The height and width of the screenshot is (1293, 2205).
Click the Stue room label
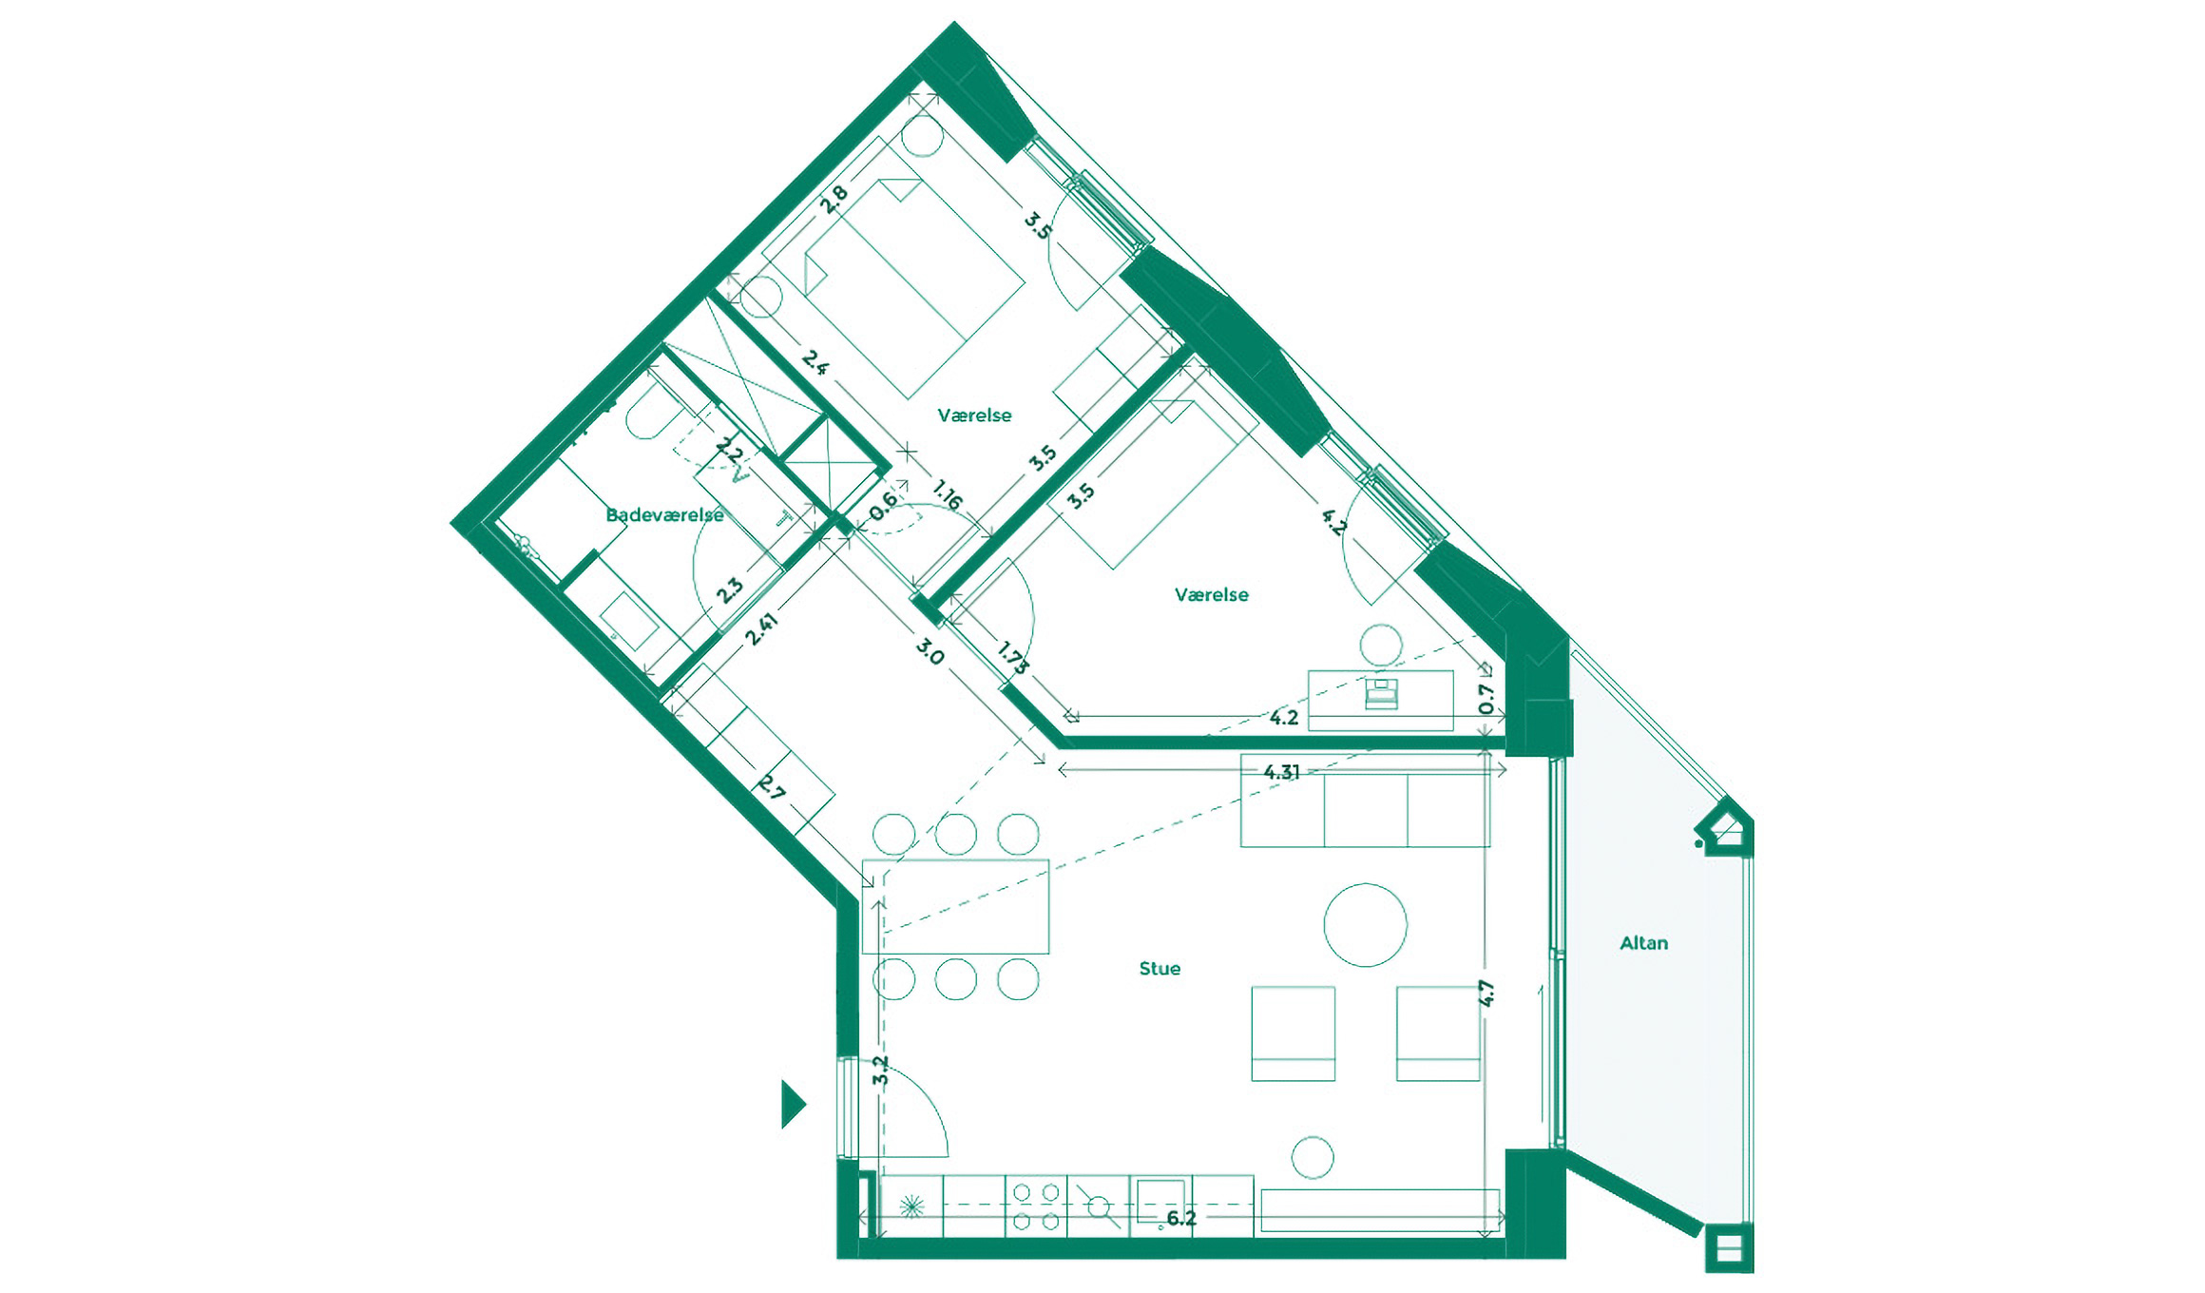1160,969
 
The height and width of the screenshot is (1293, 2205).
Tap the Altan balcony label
1643,943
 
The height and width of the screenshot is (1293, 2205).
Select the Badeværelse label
664,515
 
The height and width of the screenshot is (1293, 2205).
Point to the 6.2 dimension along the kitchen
1180,1218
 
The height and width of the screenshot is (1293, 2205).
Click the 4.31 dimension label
1281,772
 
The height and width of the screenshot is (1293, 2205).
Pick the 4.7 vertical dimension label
1486,994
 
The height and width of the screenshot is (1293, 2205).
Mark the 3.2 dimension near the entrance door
881,1071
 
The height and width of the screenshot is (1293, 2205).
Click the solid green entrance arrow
793,1104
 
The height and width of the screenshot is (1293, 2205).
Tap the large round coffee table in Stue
1365,925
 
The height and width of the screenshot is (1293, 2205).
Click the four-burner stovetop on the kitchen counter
1036,1206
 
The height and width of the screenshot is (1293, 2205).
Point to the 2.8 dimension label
834,199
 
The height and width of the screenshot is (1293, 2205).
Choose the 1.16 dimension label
948,494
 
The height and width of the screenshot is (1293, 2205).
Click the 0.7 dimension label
1486,699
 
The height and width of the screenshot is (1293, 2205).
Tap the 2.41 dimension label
761,628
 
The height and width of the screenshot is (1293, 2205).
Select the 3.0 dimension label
930,652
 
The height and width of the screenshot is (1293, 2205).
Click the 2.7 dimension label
772,788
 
